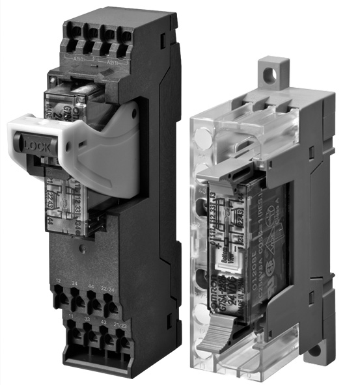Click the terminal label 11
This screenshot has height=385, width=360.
pos(68,315)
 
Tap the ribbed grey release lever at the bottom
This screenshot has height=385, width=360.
pos(214,338)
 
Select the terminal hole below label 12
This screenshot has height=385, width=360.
pos(60,297)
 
